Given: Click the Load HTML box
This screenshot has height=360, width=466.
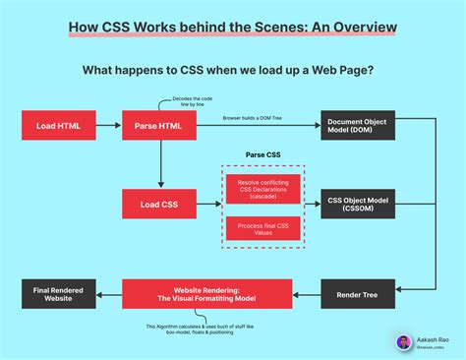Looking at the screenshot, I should pyautogui.click(x=58, y=126).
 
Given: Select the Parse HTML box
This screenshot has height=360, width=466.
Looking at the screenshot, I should pyautogui.click(x=157, y=126).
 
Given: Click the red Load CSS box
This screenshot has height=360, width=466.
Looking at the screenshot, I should pyautogui.click(x=157, y=204).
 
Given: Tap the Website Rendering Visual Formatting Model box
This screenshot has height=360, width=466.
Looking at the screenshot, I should pyautogui.click(x=206, y=293).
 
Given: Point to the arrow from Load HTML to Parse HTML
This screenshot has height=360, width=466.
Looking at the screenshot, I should pyautogui.click(x=108, y=126).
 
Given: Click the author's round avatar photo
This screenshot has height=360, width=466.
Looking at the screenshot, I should pyautogui.click(x=403, y=341).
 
